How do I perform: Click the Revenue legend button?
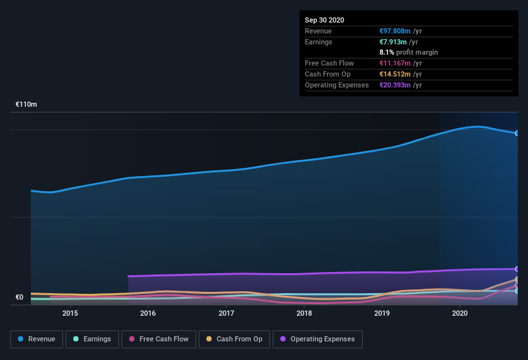coord(37,339)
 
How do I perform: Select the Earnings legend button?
coord(92,339)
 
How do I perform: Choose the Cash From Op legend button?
coord(234,339)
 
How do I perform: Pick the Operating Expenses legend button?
coord(318,339)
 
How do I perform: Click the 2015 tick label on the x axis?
coord(70,313)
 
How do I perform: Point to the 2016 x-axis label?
coord(148,313)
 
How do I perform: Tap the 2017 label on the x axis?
coord(226,313)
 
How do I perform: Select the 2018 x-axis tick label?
coord(304,313)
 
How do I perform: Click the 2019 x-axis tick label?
coord(382,313)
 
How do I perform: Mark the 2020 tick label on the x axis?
coord(460,313)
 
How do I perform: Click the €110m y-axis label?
coord(26,104)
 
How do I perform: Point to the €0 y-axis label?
coord(19,297)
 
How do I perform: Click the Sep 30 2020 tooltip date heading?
coord(325,20)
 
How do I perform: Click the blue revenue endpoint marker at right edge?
coord(516,133)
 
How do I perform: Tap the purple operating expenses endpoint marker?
coord(516,269)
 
